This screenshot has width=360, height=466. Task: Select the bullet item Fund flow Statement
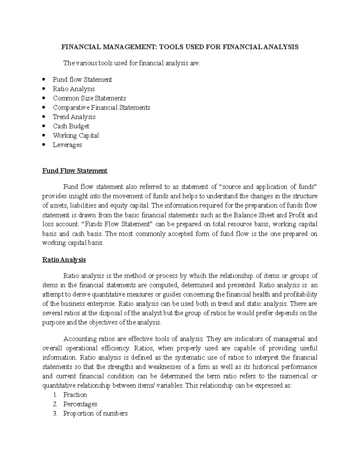(82, 80)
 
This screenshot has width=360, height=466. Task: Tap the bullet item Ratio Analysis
(73, 89)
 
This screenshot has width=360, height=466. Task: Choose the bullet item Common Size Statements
(89, 98)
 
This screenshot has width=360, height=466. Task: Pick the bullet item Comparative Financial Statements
(101, 107)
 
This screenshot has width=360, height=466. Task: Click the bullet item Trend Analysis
(74, 117)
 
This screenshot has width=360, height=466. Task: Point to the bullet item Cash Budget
(71, 126)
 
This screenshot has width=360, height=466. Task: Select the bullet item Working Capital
(76, 135)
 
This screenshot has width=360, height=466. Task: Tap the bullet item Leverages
(67, 145)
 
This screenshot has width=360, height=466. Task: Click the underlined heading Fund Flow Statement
(75, 171)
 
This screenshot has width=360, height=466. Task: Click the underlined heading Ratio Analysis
(64, 260)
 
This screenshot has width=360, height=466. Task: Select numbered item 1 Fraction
(75, 395)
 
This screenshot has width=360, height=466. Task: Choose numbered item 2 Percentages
(80, 404)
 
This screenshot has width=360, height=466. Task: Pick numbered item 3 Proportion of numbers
(95, 413)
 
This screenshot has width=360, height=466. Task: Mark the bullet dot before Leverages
(44, 145)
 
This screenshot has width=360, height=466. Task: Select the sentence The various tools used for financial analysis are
(131, 63)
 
